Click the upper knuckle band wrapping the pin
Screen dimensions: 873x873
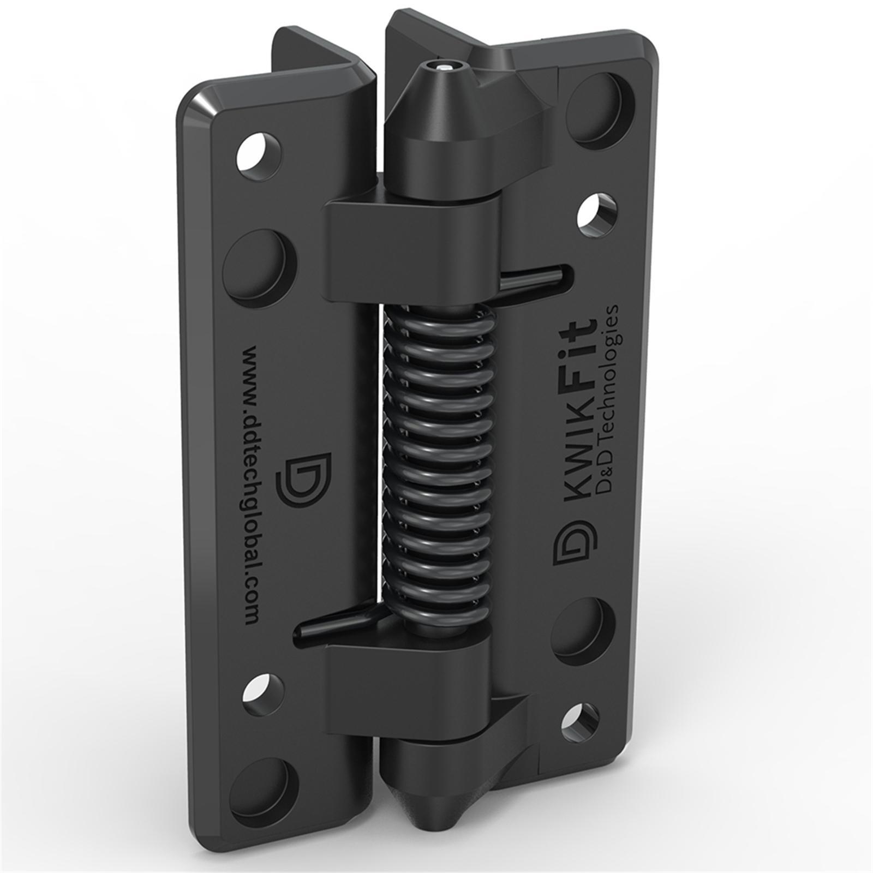pos(415,248)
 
